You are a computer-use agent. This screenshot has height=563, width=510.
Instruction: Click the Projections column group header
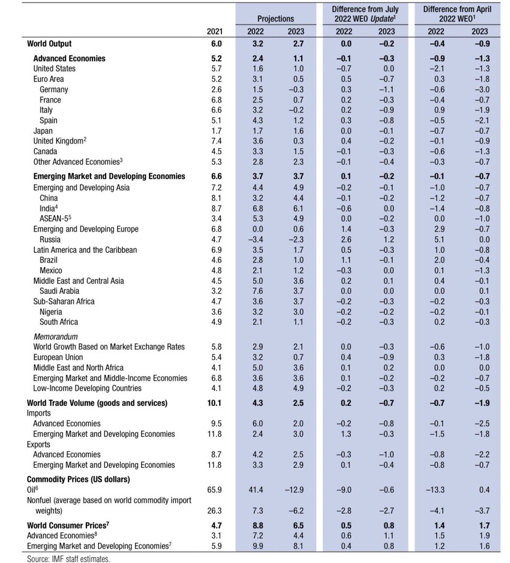click(276, 19)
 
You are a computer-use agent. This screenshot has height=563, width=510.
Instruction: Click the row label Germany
click(53, 89)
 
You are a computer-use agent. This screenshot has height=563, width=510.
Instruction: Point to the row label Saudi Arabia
click(60, 291)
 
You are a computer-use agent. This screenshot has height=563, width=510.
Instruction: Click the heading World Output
click(49, 44)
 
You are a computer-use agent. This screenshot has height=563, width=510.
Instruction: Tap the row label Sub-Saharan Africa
click(64, 301)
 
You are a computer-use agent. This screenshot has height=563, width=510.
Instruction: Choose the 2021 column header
click(215, 31)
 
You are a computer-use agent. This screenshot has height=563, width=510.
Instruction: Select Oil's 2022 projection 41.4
click(255, 490)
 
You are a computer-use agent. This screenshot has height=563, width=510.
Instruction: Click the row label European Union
click(59, 357)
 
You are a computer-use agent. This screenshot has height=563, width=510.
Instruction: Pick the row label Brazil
click(49, 260)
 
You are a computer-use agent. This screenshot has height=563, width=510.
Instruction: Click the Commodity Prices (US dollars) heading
click(78, 479)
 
